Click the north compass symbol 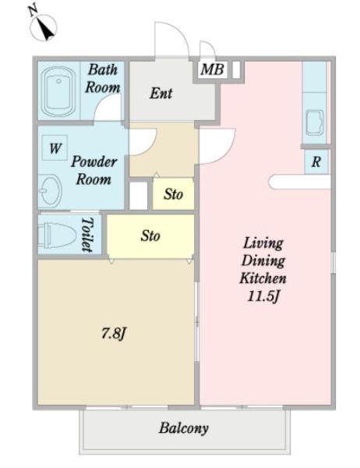tap(44, 27)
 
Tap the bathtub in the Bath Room tap(58, 91)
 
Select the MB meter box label tap(212, 69)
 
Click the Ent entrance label tap(161, 93)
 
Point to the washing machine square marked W tap(55, 147)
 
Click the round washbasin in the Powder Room tap(50, 190)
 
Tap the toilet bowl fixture tap(57, 236)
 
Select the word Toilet tap(88, 235)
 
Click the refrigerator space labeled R tap(316, 161)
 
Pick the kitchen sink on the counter tap(315, 122)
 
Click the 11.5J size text tap(263, 296)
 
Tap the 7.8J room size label tap(114, 333)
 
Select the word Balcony tap(184, 428)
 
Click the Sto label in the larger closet tap(150, 236)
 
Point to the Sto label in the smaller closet tap(173, 194)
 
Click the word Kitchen tap(263, 278)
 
